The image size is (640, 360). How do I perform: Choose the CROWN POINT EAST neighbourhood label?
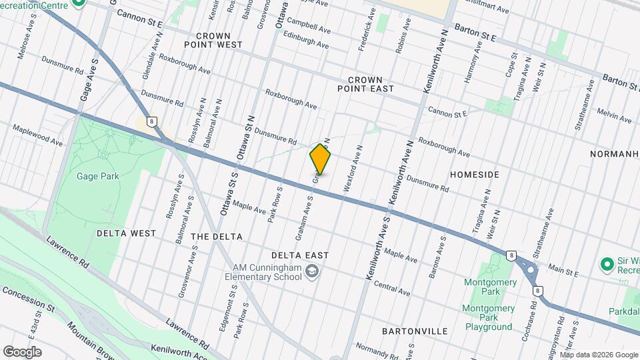coord(365,83)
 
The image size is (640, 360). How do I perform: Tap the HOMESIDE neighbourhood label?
coord(475,174)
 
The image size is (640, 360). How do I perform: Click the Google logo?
coord(22,351)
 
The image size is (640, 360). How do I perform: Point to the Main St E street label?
coord(561,269)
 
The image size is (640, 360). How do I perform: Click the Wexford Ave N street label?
coord(353,170)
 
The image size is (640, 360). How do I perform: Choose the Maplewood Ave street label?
coord(37,135)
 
